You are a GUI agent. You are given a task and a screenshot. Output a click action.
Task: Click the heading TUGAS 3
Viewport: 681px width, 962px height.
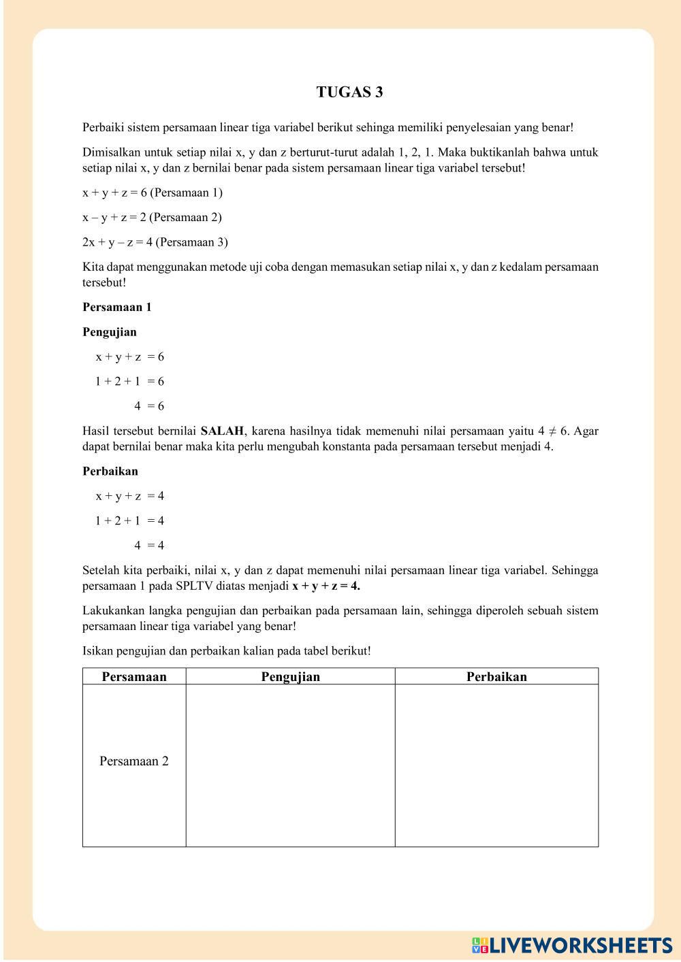pos(349,93)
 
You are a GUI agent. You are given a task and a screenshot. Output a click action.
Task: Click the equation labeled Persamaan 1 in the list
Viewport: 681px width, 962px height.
pos(153,193)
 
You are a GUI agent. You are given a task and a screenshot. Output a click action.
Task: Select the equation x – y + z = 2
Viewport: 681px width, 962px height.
pos(152,218)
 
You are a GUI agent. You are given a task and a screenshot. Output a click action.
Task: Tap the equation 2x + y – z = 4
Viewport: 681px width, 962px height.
pos(155,242)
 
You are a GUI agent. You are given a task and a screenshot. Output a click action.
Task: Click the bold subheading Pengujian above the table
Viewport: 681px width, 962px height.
pos(110,332)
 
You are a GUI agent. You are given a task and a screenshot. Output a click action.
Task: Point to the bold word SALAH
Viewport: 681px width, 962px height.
pos(222,431)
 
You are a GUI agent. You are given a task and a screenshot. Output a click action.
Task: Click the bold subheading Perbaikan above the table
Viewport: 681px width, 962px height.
pos(110,471)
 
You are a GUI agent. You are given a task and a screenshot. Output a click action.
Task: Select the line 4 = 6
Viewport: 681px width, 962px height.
pos(149,406)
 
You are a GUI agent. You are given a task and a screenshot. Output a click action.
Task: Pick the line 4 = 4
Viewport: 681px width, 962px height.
pos(149,545)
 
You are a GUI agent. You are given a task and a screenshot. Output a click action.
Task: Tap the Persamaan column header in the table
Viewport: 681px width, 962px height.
pos(134,676)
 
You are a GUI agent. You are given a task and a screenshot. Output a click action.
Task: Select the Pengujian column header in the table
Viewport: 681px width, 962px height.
pos(290,676)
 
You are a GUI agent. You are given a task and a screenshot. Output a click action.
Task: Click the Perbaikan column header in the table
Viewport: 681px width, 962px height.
pos(496,676)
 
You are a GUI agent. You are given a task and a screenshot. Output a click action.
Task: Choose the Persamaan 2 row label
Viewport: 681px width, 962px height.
pos(134,761)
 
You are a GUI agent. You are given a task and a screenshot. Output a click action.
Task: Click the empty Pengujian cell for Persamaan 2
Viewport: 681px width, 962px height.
pos(290,765)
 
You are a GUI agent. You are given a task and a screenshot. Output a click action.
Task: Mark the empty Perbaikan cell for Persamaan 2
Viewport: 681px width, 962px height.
pos(496,765)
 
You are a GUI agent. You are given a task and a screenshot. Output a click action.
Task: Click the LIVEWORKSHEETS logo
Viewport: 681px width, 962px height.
pos(572,945)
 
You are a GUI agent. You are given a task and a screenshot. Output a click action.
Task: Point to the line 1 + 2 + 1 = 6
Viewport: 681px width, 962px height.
pos(130,382)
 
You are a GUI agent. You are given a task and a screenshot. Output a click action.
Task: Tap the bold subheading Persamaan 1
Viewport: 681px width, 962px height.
pos(117,307)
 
